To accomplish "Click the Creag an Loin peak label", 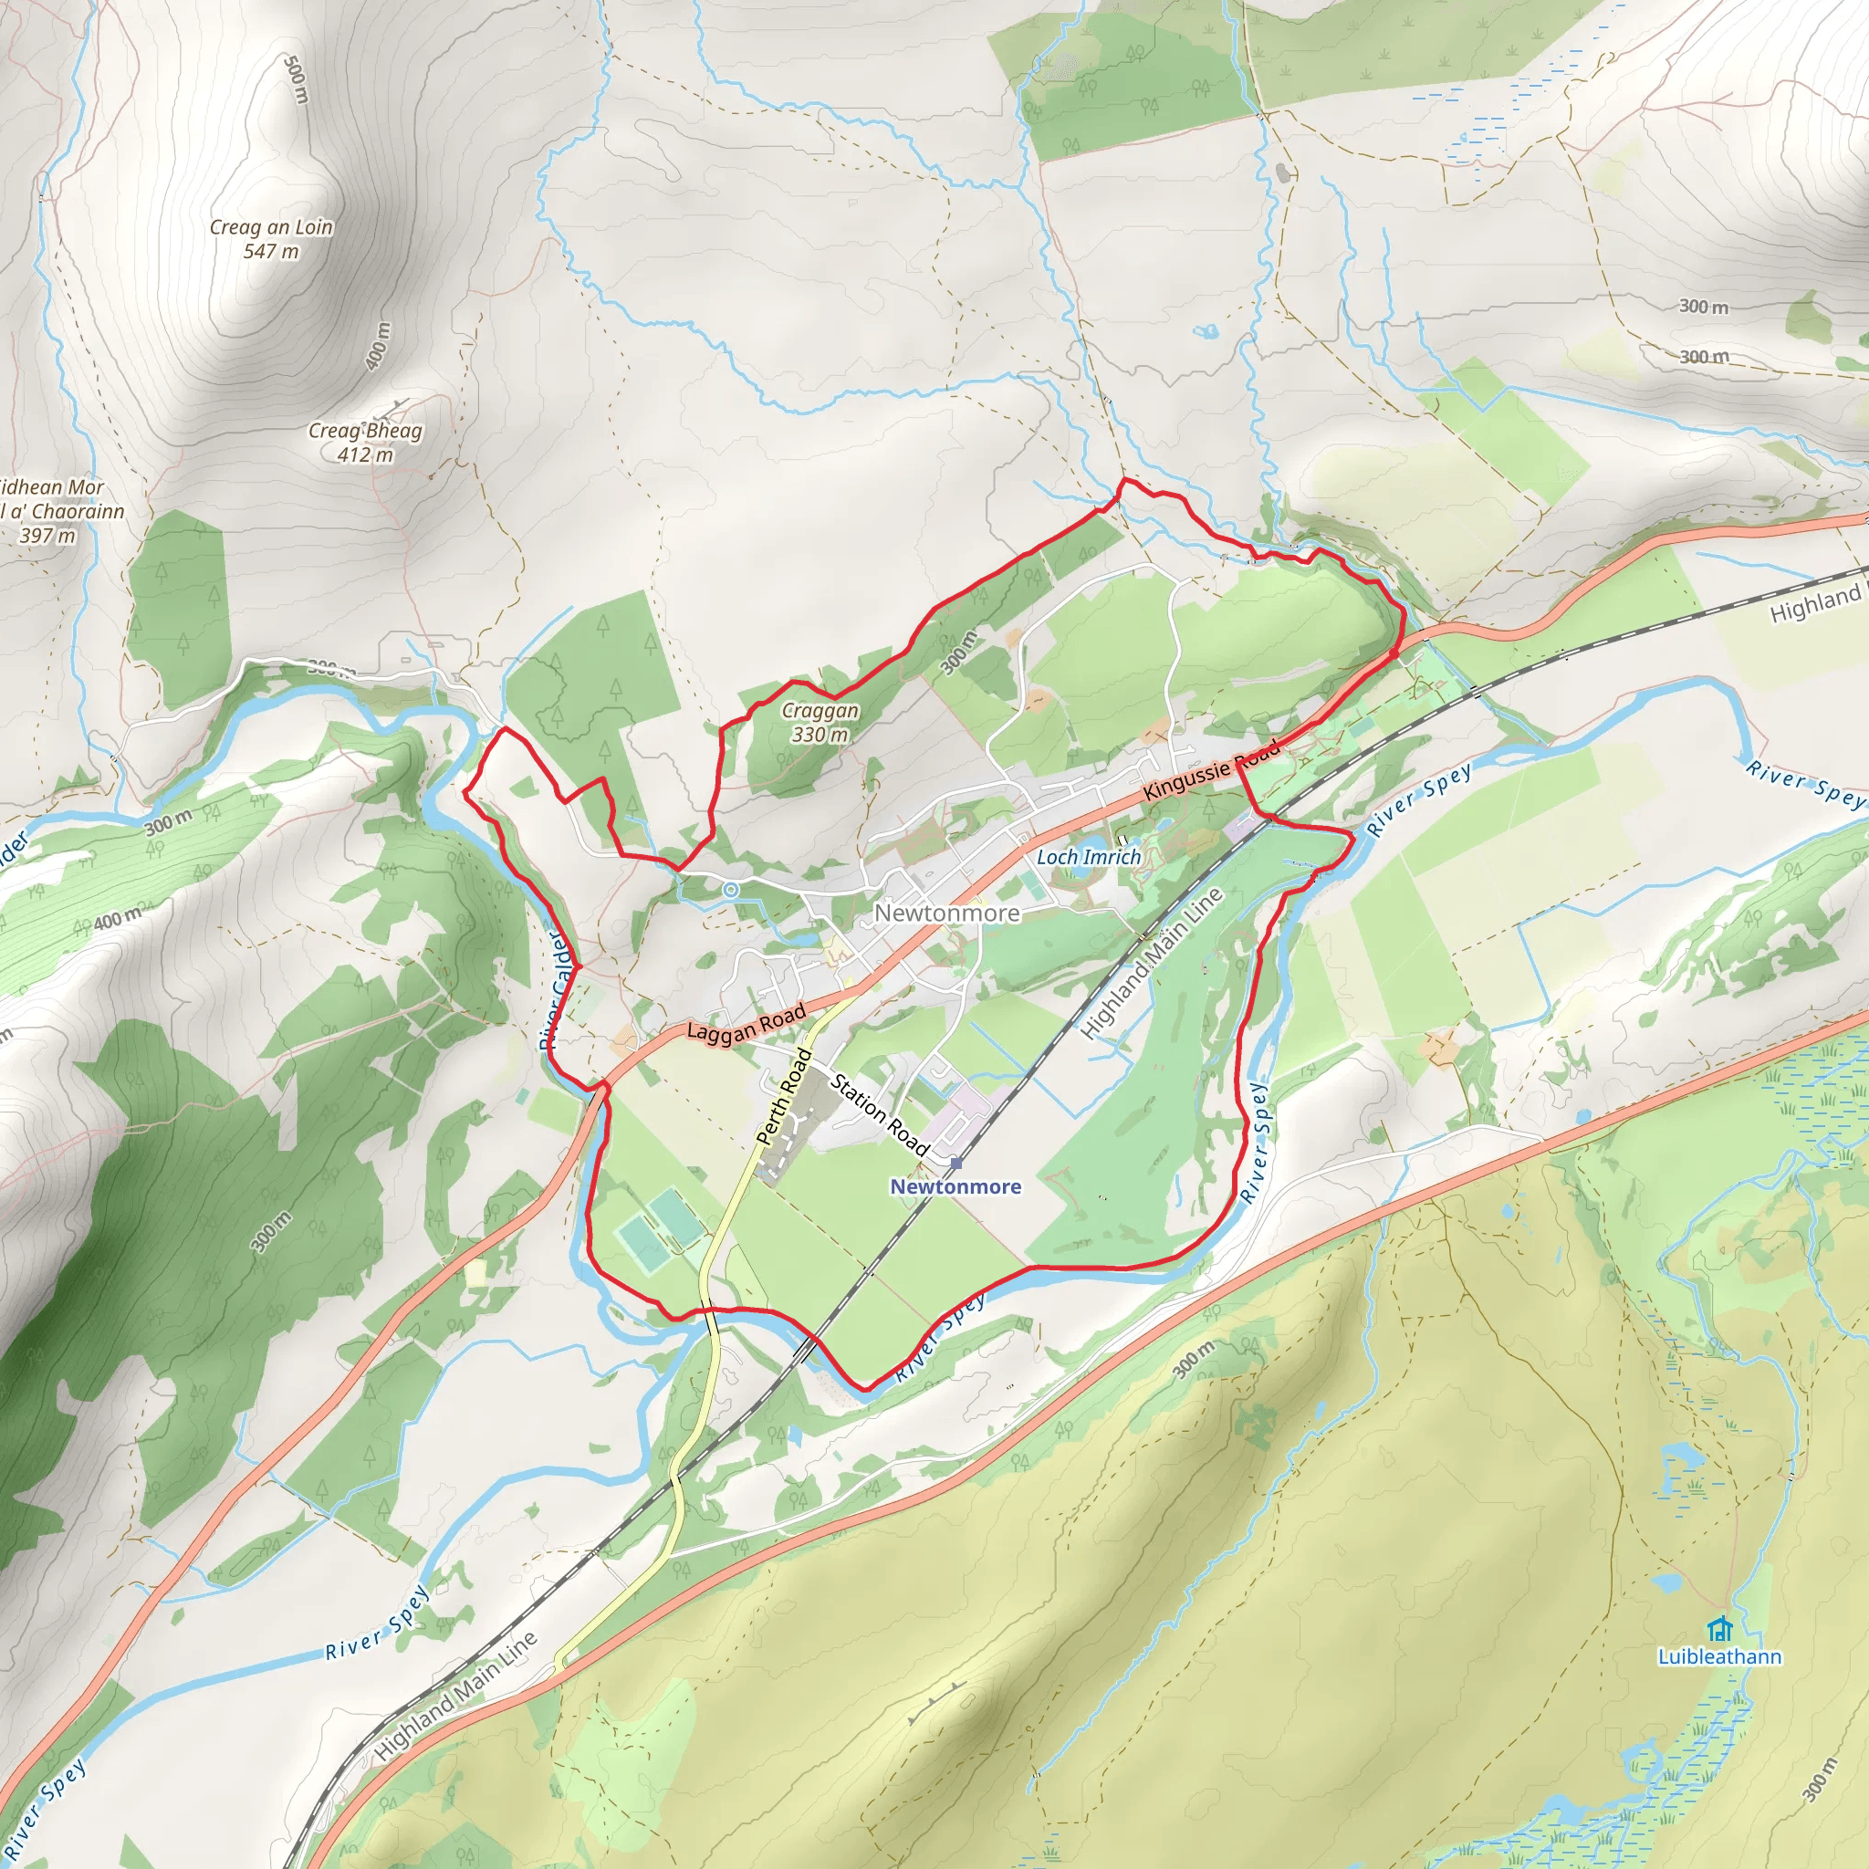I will coord(271,227).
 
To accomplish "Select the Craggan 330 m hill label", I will coord(820,723).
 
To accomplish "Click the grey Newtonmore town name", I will coord(946,914).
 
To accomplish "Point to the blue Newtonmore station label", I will coord(955,1187).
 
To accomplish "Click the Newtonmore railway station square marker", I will coord(955,1162).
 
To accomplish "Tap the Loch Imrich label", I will coord(1089,857).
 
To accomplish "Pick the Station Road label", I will coord(880,1115).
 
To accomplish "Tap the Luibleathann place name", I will coord(1719,1657).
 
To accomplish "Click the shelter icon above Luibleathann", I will coord(1719,1629).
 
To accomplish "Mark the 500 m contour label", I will coord(296,80).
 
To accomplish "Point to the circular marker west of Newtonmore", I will coord(731,889).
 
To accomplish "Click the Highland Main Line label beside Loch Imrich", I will coord(1150,964).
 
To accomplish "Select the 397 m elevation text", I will coord(47,535).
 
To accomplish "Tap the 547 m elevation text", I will coord(271,252).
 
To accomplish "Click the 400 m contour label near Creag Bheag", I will coord(378,345).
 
